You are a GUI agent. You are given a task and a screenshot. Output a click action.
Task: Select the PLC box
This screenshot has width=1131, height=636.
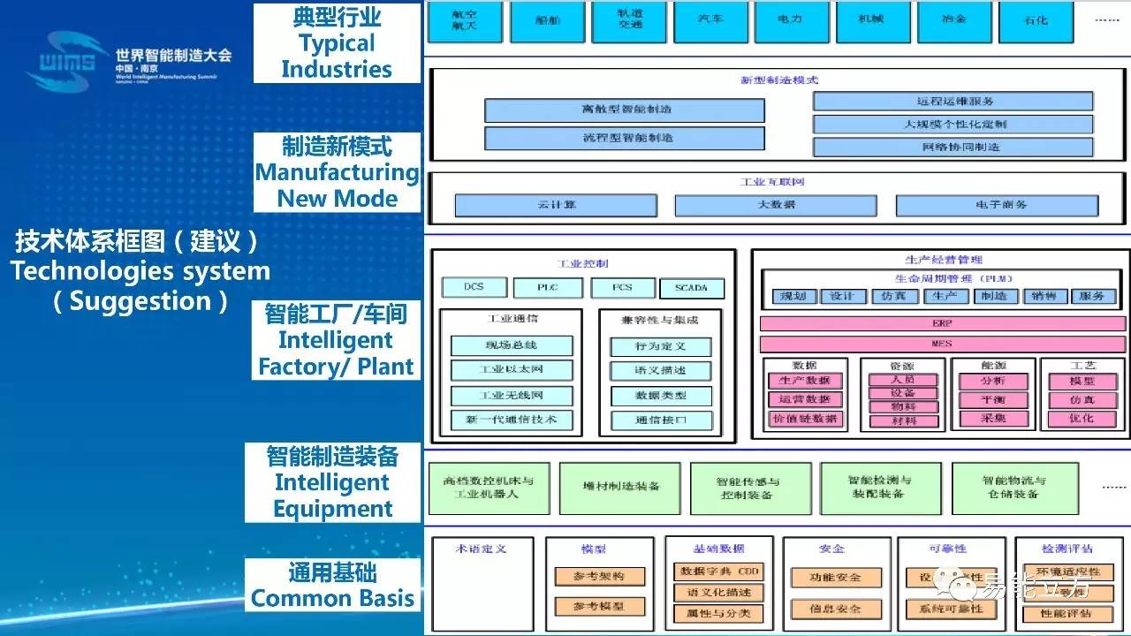tap(548, 288)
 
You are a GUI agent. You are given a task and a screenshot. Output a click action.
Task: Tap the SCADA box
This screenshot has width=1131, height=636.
tap(691, 288)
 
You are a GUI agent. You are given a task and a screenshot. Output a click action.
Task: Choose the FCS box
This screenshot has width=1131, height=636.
tap(623, 288)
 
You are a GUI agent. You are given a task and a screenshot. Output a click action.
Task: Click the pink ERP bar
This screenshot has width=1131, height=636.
tap(942, 323)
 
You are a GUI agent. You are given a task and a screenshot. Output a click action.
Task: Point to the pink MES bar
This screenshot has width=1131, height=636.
tap(942, 343)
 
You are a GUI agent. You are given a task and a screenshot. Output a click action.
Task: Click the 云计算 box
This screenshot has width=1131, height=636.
tap(556, 205)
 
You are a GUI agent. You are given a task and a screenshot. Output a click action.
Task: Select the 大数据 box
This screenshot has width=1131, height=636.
tap(776, 205)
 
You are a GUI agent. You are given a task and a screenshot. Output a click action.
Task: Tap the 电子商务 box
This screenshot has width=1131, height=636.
tap(996, 205)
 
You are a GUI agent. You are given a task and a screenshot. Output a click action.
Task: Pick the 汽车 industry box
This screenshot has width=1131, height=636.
tap(710, 20)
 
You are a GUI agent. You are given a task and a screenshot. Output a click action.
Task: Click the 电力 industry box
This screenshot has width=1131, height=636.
tap(791, 20)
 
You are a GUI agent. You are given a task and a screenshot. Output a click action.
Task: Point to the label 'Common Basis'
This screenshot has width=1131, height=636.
tap(332, 598)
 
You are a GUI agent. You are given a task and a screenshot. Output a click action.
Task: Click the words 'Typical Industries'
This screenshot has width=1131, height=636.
tap(336, 56)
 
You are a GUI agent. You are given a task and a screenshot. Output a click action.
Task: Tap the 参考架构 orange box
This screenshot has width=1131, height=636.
tap(599, 576)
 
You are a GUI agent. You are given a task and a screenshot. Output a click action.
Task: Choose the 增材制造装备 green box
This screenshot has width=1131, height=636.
tap(620, 487)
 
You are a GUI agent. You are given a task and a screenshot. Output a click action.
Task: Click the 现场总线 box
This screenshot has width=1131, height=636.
tap(512, 345)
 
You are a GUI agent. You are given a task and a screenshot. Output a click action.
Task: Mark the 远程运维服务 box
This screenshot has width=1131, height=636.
tap(953, 102)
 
